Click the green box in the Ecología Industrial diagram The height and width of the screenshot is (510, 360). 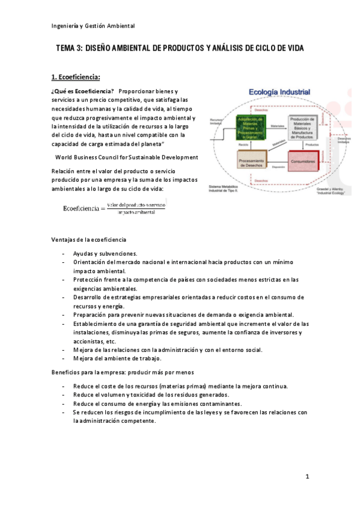[252, 127]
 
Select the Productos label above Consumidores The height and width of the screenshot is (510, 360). [311, 145]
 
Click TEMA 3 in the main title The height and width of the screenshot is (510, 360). [70, 48]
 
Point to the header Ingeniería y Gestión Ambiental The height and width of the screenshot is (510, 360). [93, 25]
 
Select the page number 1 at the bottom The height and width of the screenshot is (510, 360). [307, 477]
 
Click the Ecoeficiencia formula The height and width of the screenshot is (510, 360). [114, 208]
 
